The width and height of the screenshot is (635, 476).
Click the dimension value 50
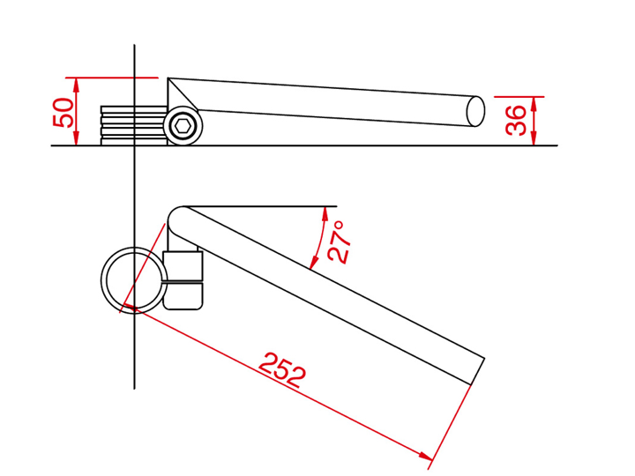(63, 113)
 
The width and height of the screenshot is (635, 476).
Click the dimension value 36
(516, 120)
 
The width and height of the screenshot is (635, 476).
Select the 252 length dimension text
(282, 370)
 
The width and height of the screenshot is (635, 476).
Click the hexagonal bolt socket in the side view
(183, 126)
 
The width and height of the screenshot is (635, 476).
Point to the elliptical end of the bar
(475, 111)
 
